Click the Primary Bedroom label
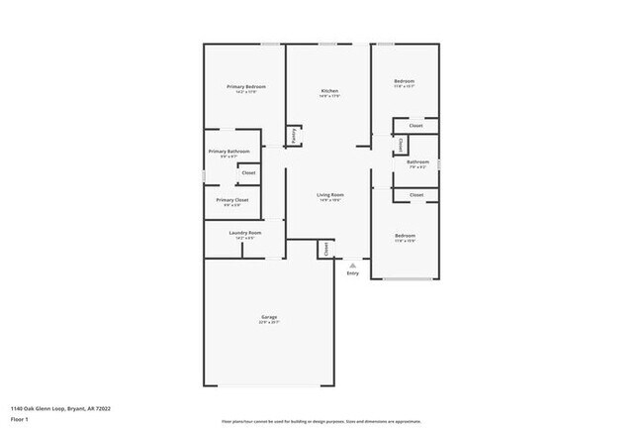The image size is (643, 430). pyautogui.click(x=246, y=87)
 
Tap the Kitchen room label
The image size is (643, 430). pyautogui.click(x=329, y=91)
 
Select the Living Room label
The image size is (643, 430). pyautogui.click(x=329, y=195)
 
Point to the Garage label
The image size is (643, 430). pyautogui.click(x=269, y=317)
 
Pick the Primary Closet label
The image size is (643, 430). pyautogui.click(x=233, y=200)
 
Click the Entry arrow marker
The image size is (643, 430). pyautogui.click(x=352, y=265)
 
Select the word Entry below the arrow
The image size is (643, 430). pyautogui.click(x=353, y=273)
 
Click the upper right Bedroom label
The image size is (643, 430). pyautogui.click(x=404, y=81)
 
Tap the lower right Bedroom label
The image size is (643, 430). pyautogui.click(x=405, y=236)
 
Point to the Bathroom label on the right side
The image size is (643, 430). pyautogui.click(x=417, y=161)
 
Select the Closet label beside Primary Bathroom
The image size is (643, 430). pyautogui.click(x=248, y=173)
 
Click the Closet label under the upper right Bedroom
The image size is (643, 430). pyautogui.click(x=416, y=126)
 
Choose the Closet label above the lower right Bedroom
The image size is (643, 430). pyautogui.click(x=416, y=195)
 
